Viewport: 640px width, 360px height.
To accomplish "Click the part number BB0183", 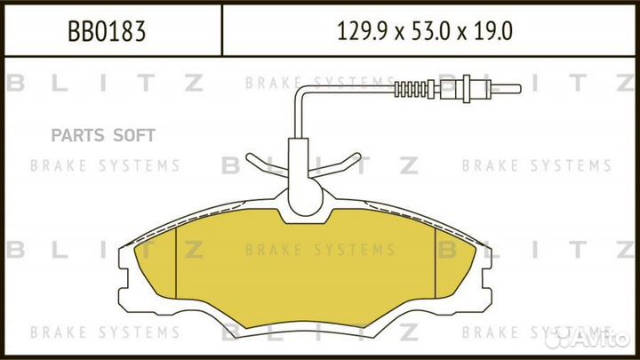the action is [107, 31].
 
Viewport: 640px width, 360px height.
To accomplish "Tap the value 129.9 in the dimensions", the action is [362, 31].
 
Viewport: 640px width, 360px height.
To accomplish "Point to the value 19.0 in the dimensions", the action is [492, 31].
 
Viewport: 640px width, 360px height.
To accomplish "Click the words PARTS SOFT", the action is [103, 135].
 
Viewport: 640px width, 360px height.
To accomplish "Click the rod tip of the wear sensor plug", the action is [506, 89].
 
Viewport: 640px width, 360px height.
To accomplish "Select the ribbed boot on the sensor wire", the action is [411, 90].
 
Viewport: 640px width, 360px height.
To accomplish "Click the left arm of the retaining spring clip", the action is [266, 164].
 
